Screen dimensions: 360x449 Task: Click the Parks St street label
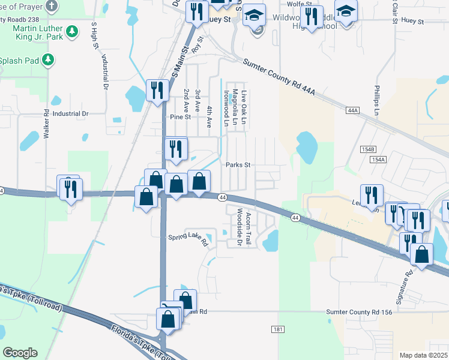tap(238, 165)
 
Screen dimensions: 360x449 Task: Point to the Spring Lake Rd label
tap(187, 239)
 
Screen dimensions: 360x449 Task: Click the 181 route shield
tap(277, 329)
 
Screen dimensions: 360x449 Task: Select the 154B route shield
tap(369, 149)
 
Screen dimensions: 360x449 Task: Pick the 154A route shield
tap(378, 160)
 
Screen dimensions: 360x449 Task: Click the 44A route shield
tap(353, 110)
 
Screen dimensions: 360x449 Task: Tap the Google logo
tap(20, 352)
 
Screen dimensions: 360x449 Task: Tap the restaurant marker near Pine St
tap(157, 91)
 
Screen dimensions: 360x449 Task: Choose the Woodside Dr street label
tap(239, 227)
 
